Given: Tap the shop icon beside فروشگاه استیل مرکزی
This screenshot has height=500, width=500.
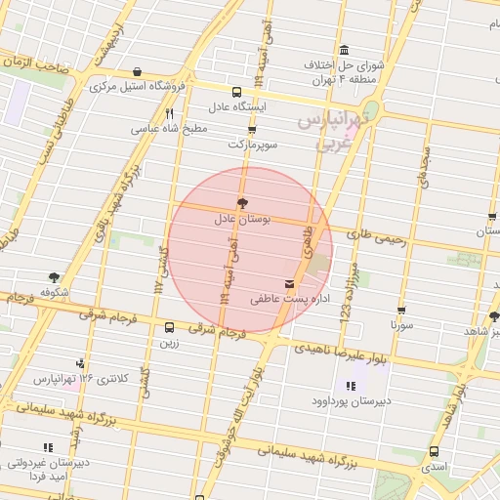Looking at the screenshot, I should click(x=136, y=71).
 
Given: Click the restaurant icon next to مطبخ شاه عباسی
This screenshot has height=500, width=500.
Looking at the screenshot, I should click(x=169, y=113).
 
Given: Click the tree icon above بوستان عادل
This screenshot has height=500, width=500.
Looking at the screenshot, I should click(x=242, y=202).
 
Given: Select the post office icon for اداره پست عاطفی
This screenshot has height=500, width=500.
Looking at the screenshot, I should click(x=287, y=283).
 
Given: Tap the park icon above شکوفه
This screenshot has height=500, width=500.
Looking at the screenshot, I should click(x=53, y=278).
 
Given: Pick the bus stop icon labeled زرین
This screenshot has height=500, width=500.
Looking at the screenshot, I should click(x=170, y=328).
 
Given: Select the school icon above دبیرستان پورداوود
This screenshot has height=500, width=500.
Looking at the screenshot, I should click(x=352, y=386).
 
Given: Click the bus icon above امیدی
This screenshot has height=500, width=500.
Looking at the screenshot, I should click(x=434, y=452).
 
